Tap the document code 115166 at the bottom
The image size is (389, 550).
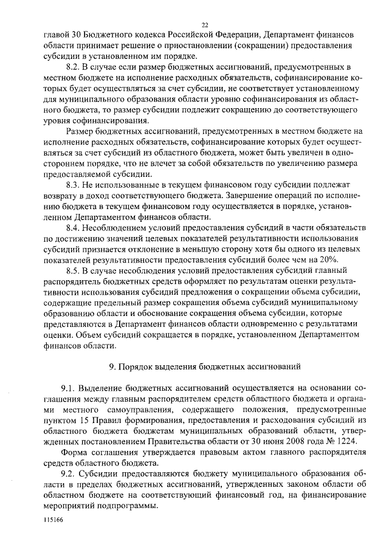[53, 521]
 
